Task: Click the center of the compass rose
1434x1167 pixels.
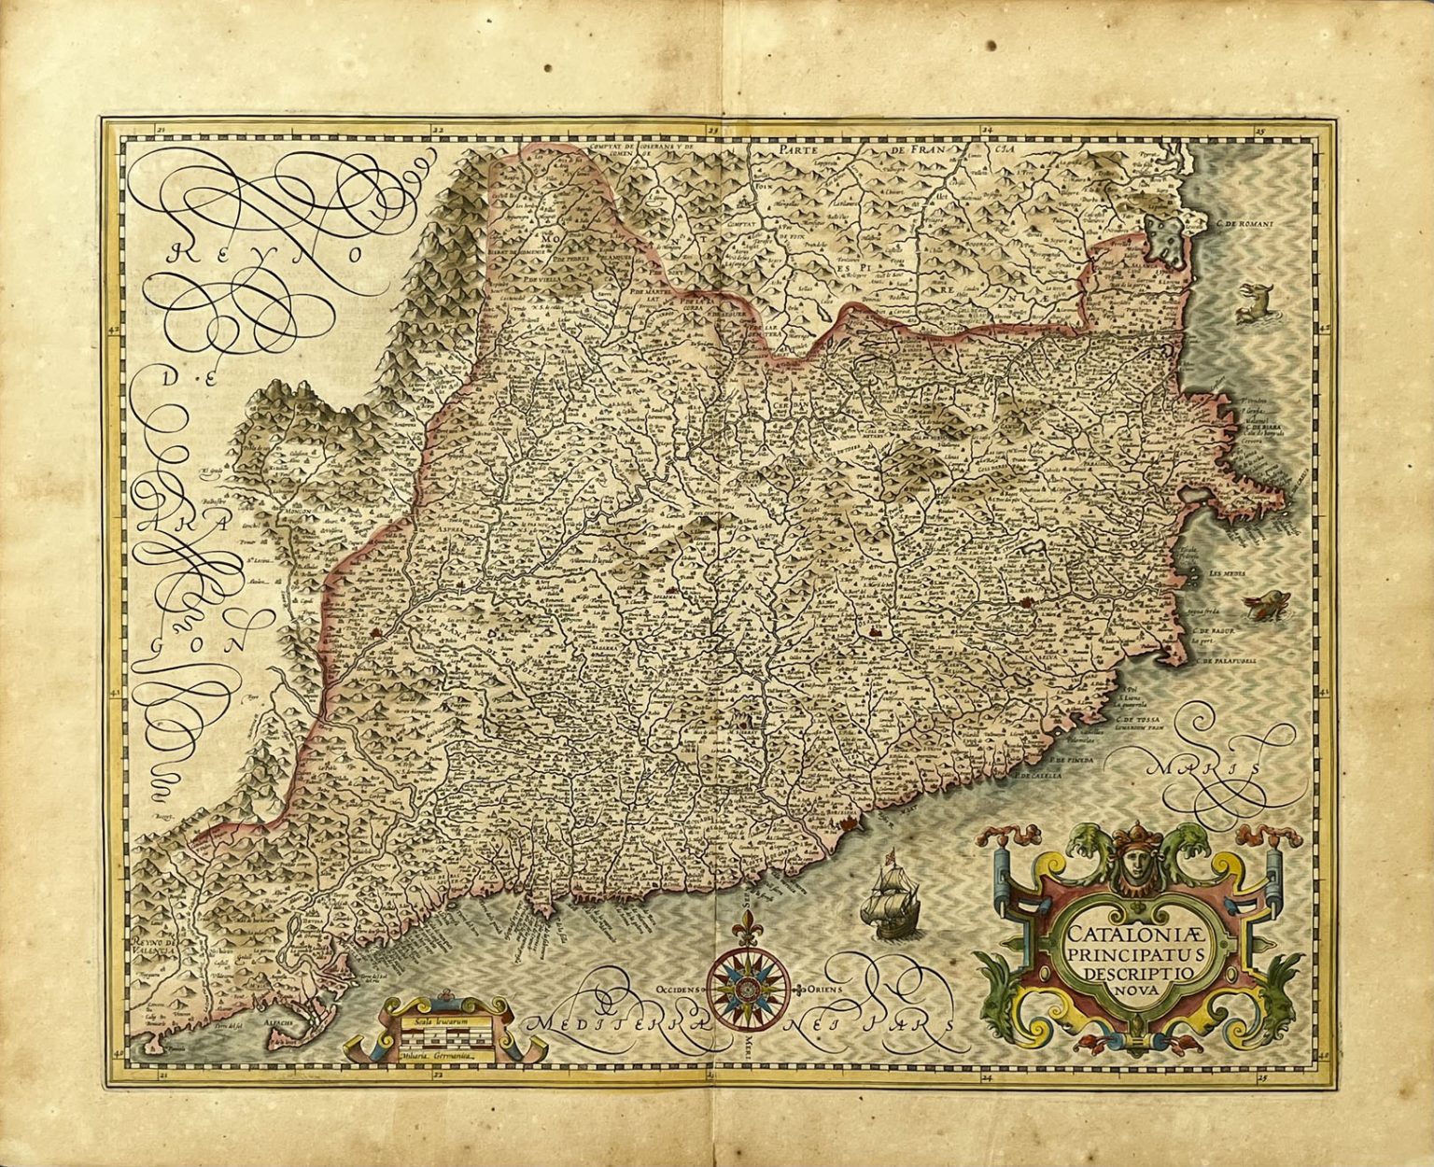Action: pos(748,987)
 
